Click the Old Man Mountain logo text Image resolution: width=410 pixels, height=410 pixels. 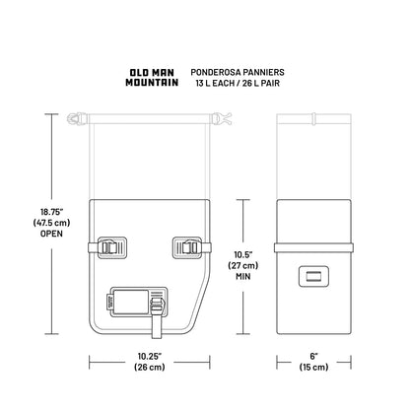click(x=152, y=78)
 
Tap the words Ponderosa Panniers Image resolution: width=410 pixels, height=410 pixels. click(x=238, y=72)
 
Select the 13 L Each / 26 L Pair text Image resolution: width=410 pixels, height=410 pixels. click(x=238, y=83)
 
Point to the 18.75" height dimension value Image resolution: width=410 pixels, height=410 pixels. click(x=51, y=211)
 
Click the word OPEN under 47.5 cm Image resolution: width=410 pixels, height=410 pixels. click(x=51, y=234)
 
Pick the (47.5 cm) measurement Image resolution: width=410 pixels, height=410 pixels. click(x=51, y=223)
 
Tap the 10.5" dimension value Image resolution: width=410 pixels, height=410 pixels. click(x=243, y=254)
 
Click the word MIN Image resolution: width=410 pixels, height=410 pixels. click(x=243, y=277)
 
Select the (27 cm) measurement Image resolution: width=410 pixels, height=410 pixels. click(x=243, y=265)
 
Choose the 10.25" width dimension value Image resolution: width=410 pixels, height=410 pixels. click(x=150, y=356)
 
